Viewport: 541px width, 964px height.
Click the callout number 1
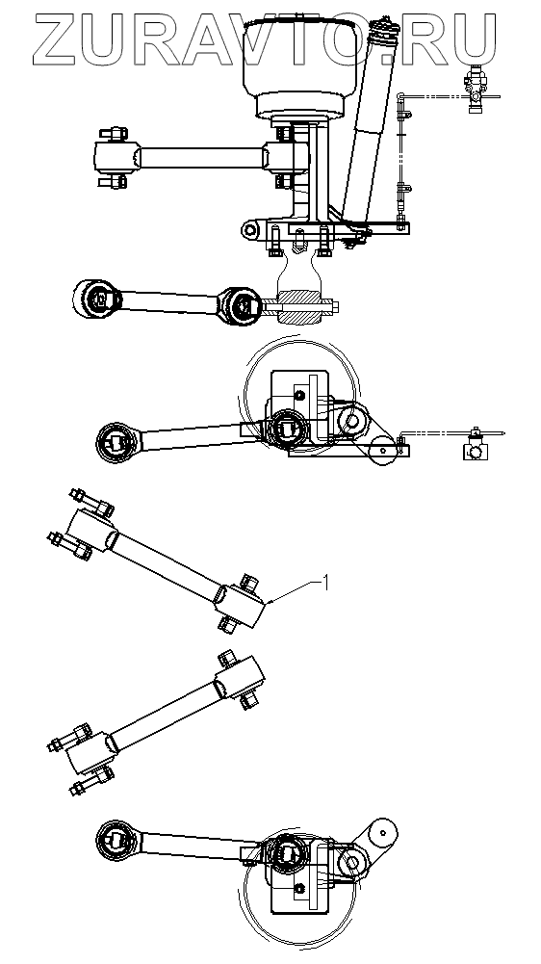click(x=326, y=582)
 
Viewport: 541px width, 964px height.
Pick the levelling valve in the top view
click(x=476, y=89)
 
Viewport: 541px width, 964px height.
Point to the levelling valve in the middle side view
click(x=474, y=447)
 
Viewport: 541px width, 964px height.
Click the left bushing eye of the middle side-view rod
click(x=116, y=442)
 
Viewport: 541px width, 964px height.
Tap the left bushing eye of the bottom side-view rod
click(x=116, y=839)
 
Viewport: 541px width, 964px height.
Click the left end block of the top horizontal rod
click(x=116, y=157)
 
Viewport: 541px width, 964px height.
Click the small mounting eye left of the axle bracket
click(x=249, y=230)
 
